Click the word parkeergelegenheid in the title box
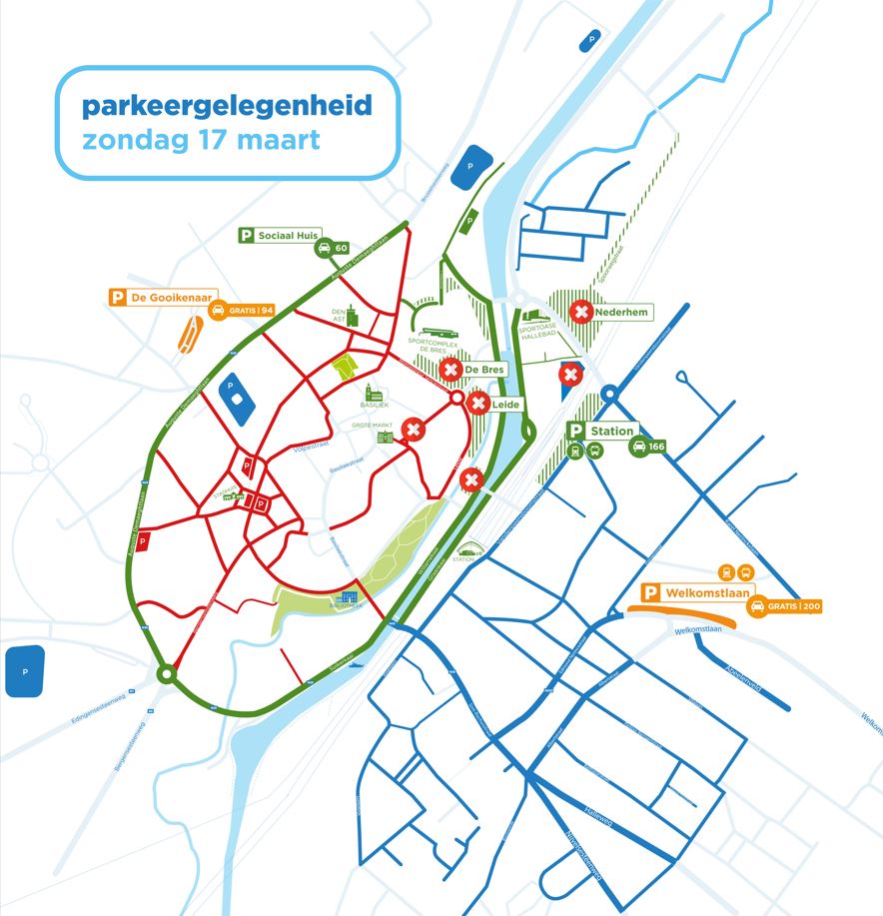(x=227, y=104)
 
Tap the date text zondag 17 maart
(x=201, y=138)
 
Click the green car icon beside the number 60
(x=325, y=249)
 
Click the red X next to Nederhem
(x=580, y=313)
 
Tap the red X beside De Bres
(x=449, y=370)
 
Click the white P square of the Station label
(x=575, y=432)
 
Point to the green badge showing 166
(x=647, y=447)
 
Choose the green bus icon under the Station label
(x=595, y=451)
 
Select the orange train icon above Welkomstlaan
(x=726, y=572)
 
